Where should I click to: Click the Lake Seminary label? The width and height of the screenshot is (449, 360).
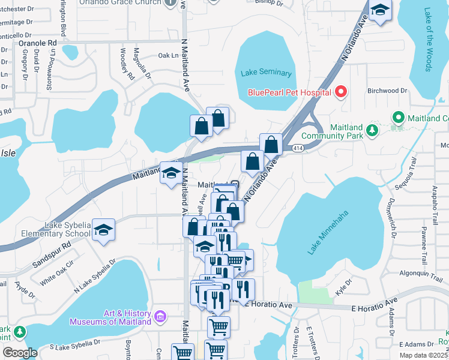tap(266, 73)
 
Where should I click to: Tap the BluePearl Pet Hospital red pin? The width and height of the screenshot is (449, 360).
tap(341, 92)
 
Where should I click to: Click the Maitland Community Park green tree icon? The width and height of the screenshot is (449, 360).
tap(372, 129)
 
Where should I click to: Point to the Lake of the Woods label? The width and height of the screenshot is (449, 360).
tap(428, 40)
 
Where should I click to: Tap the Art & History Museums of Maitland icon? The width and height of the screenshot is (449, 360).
tap(160, 316)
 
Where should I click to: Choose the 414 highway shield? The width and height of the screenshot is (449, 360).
tap(298, 146)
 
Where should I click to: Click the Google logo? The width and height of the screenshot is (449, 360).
tap(20, 352)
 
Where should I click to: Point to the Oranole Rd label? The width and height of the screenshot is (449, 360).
tap(37, 43)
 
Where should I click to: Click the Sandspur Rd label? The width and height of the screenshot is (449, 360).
tap(51, 254)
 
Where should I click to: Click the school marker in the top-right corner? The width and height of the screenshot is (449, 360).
tap(380, 10)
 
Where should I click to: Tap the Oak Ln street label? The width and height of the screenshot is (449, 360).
tap(168, 56)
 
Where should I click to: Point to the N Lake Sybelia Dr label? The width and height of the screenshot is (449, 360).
tap(94, 277)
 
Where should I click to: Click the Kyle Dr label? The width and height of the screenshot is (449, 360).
tap(345, 286)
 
